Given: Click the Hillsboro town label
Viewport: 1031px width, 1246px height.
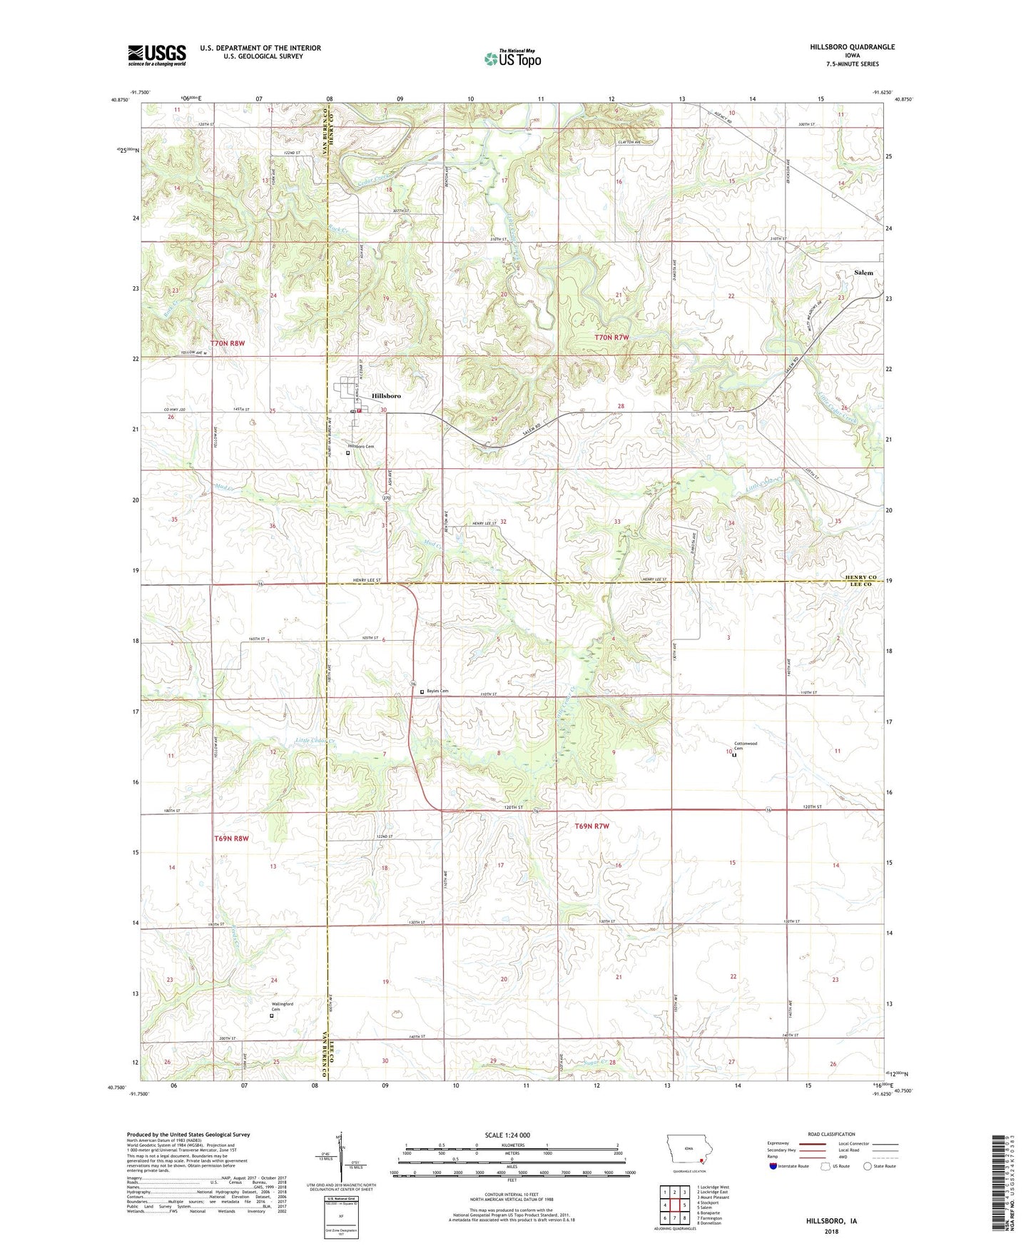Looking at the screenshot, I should point(386,395).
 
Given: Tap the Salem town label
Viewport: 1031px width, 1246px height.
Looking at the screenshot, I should point(863,273).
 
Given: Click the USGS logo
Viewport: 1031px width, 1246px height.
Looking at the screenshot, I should point(157,55).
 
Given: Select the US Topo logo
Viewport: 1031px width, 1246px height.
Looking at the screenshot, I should point(512,59).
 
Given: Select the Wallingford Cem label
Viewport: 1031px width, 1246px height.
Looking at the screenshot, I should point(282,1007).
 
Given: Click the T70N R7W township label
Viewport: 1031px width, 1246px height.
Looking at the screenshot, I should point(612,337).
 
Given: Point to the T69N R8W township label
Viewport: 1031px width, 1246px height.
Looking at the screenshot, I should point(231,839).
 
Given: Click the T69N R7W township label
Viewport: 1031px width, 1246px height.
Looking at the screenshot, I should point(592,826).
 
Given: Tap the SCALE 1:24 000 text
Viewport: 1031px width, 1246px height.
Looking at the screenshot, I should point(507,1135).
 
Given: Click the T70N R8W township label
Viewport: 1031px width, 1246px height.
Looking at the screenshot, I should point(228,343).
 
